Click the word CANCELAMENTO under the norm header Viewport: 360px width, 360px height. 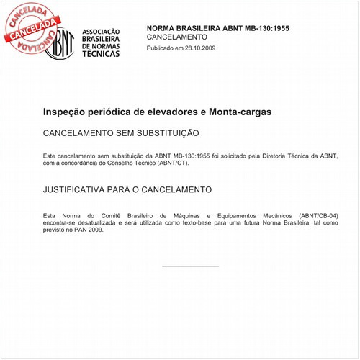point(176,36)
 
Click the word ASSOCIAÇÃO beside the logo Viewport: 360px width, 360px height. point(102,32)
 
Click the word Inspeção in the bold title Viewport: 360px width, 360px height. point(66,113)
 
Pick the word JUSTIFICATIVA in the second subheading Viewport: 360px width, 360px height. point(79,189)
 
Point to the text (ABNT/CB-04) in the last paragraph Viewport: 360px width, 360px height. point(318,215)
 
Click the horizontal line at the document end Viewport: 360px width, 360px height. point(190,266)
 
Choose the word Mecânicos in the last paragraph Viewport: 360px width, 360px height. point(270,215)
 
